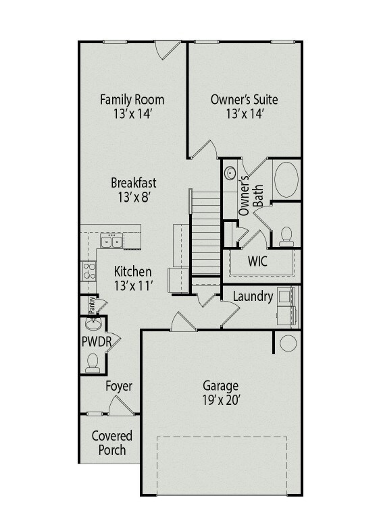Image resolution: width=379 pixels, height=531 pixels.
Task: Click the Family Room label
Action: coord(132,100)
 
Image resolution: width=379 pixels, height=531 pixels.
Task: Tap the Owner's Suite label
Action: coord(244,100)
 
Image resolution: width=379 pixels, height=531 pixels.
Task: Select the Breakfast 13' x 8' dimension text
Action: coord(134,197)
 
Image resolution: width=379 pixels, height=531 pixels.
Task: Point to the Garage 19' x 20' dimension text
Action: coord(222,400)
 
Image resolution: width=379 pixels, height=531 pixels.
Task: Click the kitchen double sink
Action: coord(111,242)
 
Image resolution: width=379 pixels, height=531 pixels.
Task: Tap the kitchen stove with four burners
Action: coord(89,271)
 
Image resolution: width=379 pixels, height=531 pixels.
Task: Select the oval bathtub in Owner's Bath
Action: coord(286,179)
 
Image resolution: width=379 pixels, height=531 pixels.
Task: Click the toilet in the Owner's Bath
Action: coord(286,237)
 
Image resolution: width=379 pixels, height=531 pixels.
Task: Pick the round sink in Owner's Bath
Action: coord(230,173)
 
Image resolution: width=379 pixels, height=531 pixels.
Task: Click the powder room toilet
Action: coord(93,363)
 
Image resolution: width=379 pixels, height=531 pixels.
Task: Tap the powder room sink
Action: coord(93,324)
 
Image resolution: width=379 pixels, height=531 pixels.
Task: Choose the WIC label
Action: coord(257,261)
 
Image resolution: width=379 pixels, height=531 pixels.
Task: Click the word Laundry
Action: coord(253,297)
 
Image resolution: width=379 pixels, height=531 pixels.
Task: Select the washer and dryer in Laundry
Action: coord(288,306)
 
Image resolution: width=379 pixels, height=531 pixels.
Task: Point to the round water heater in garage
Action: coord(288,343)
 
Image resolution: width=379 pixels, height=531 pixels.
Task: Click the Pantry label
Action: coord(91,305)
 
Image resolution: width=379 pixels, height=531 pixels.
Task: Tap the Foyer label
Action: coord(119,387)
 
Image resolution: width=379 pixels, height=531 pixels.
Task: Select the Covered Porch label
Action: coord(112,443)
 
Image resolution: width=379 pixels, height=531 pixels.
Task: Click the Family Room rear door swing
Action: coord(168,50)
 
